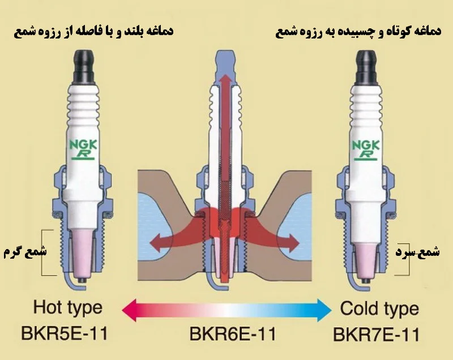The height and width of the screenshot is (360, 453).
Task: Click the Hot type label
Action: click(67, 308)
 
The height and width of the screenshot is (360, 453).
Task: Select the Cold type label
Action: click(379, 309)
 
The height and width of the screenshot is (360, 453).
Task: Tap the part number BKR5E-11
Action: click(64, 333)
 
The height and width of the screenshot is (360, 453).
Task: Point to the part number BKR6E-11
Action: click(233, 334)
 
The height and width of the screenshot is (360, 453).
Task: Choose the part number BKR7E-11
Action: click(376, 335)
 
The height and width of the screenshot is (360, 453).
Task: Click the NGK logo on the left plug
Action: click(83, 149)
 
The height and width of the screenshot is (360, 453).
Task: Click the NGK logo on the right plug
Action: click(365, 149)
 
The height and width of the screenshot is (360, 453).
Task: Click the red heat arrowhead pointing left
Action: click(157, 242)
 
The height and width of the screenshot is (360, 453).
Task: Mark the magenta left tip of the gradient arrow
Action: click(122, 310)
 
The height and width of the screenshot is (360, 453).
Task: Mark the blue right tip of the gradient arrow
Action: click(331, 310)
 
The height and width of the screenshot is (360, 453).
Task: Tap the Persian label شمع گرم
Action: click(25, 252)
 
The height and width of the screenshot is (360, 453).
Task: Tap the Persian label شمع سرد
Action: click(417, 252)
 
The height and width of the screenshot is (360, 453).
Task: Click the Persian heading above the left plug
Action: click(93, 31)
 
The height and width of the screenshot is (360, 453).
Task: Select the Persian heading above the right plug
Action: click(358, 32)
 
